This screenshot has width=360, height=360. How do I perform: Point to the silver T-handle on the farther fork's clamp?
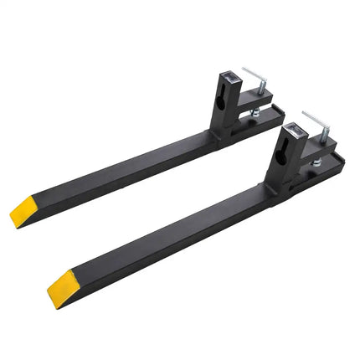click(x=254, y=75)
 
